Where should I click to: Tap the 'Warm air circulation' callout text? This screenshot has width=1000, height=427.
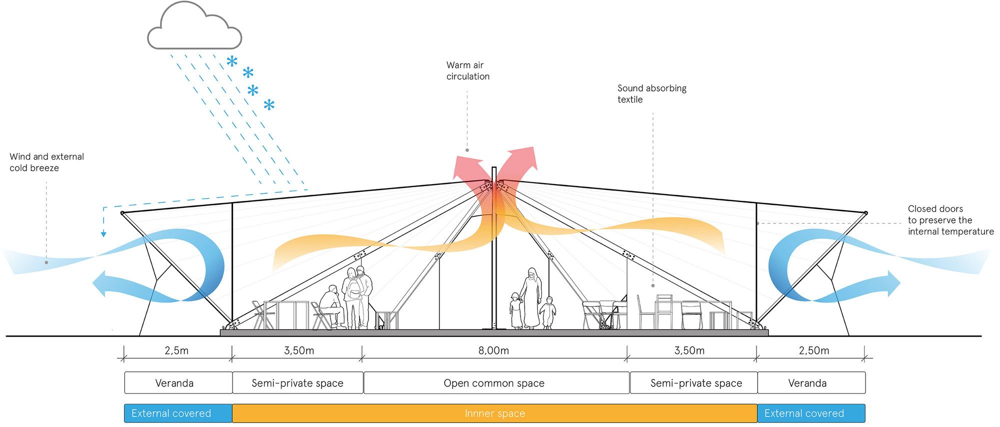(x=467, y=71)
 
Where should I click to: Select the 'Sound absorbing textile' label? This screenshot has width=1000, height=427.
(x=651, y=94)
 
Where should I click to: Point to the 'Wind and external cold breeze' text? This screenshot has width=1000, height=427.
(x=46, y=162)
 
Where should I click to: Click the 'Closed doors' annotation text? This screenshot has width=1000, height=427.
(x=950, y=220)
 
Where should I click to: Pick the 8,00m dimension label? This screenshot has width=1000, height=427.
(x=493, y=350)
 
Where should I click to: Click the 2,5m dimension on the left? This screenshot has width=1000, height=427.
(x=176, y=350)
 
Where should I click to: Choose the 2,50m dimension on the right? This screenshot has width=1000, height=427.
(x=813, y=350)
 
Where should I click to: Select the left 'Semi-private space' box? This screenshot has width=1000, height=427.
(x=297, y=383)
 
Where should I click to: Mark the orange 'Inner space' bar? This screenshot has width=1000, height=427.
(x=494, y=413)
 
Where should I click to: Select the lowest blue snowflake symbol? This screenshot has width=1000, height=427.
(x=269, y=105)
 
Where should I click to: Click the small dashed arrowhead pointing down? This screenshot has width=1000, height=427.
(x=103, y=233)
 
